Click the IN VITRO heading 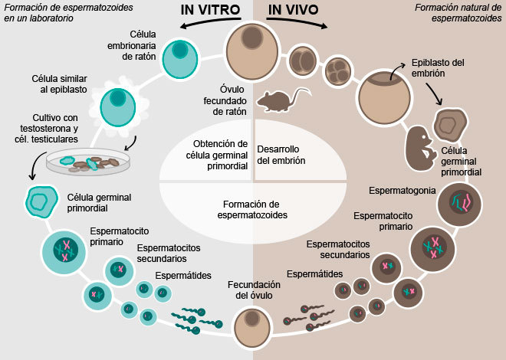click(210, 10)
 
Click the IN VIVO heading click(294, 10)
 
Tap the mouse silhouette click(281, 100)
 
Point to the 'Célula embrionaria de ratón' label click(132, 45)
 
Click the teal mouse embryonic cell click(179, 59)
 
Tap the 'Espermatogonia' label click(402, 191)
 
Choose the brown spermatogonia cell click(459, 204)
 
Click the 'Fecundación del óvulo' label click(254, 290)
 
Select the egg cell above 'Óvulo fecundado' click(252, 51)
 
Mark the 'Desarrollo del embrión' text click(281, 155)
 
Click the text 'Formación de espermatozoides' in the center click(252, 210)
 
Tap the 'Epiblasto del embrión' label click(438, 67)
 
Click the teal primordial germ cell click(41, 202)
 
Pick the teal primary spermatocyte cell click(64, 252)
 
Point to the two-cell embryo click(303, 61)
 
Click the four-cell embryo click(338, 70)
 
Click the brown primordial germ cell click(450, 126)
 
